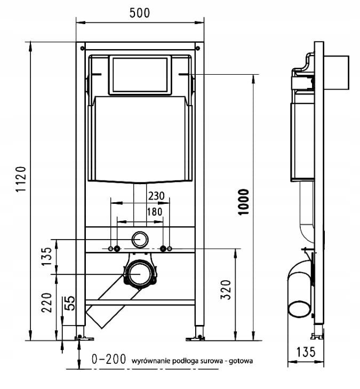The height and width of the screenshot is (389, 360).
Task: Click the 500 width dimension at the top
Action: click(140, 13)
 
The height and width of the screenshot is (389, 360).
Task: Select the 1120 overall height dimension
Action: click(21, 179)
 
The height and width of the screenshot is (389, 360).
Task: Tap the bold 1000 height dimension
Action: click(243, 202)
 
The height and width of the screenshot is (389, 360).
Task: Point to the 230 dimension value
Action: click(156, 196)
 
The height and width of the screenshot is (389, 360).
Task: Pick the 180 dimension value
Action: click(155, 212)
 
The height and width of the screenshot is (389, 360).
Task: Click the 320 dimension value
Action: click(226, 290)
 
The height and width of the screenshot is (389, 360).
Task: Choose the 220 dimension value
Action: click(46, 303)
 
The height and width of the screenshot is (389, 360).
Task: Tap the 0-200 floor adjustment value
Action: click(109, 359)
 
